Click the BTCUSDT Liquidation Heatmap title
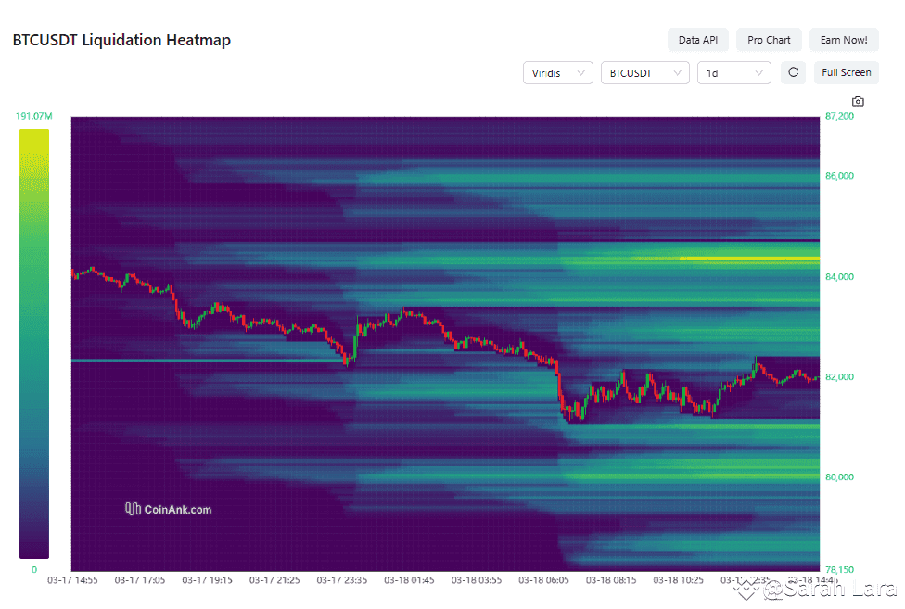[x=121, y=40]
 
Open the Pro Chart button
[x=769, y=40]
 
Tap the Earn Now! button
[x=844, y=40]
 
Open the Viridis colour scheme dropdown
[x=557, y=72]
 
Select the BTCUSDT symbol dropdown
[x=644, y=72]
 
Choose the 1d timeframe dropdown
[x=733, y=72]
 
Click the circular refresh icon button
[x=793, y=72]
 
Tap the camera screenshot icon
[x=858, y=101]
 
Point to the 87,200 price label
[x=839, y=117]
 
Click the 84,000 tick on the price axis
[x=839, y=276]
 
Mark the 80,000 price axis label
[x=839, y=476]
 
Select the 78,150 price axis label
[x=839, y=569]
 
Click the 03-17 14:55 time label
[x=72, y=580]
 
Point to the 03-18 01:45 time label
[x=409, y=580]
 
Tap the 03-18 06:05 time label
[x=544, y=580]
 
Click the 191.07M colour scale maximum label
[x=33, y=117]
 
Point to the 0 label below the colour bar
[x=33, y=569]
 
